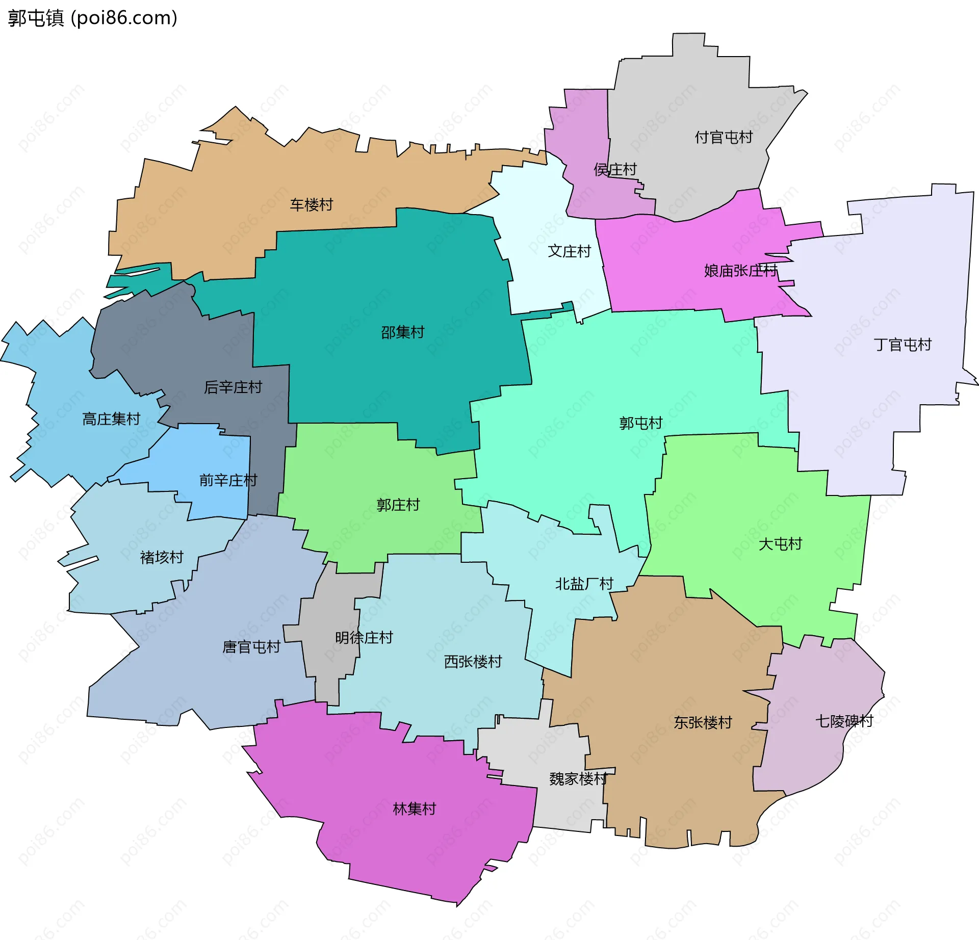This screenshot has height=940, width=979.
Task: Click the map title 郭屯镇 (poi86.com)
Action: click(93, 18)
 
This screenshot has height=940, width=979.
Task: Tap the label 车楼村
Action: click(312, 205)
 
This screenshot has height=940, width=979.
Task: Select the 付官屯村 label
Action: click(724, 137)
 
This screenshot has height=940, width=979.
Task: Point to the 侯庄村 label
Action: click(615, 170)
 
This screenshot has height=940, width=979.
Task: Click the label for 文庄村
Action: click(569, 251)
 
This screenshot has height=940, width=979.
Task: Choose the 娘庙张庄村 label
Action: click(740, 271)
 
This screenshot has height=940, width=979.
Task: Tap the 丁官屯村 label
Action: click(903, 345)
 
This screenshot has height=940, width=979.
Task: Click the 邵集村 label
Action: click(403, 332)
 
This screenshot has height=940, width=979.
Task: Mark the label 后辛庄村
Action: click(233, 387)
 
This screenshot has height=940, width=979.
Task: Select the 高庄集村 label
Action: click(111, 419)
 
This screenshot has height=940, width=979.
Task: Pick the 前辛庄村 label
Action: click(228, 480)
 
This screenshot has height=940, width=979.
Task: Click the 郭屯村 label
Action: click(640, 423)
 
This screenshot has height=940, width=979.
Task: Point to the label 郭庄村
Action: click(398, 505)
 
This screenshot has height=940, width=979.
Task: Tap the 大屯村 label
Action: click(780, 544)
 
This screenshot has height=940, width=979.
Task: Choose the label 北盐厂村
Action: click(584, 584)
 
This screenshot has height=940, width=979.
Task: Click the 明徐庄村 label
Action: click(364, 638)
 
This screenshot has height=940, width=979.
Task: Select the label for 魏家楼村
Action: click(578, 779)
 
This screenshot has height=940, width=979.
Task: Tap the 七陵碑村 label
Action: click(844, 721)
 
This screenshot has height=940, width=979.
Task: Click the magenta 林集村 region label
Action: click(415, 809)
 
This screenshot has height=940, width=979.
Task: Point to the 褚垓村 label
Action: click(162, 557)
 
